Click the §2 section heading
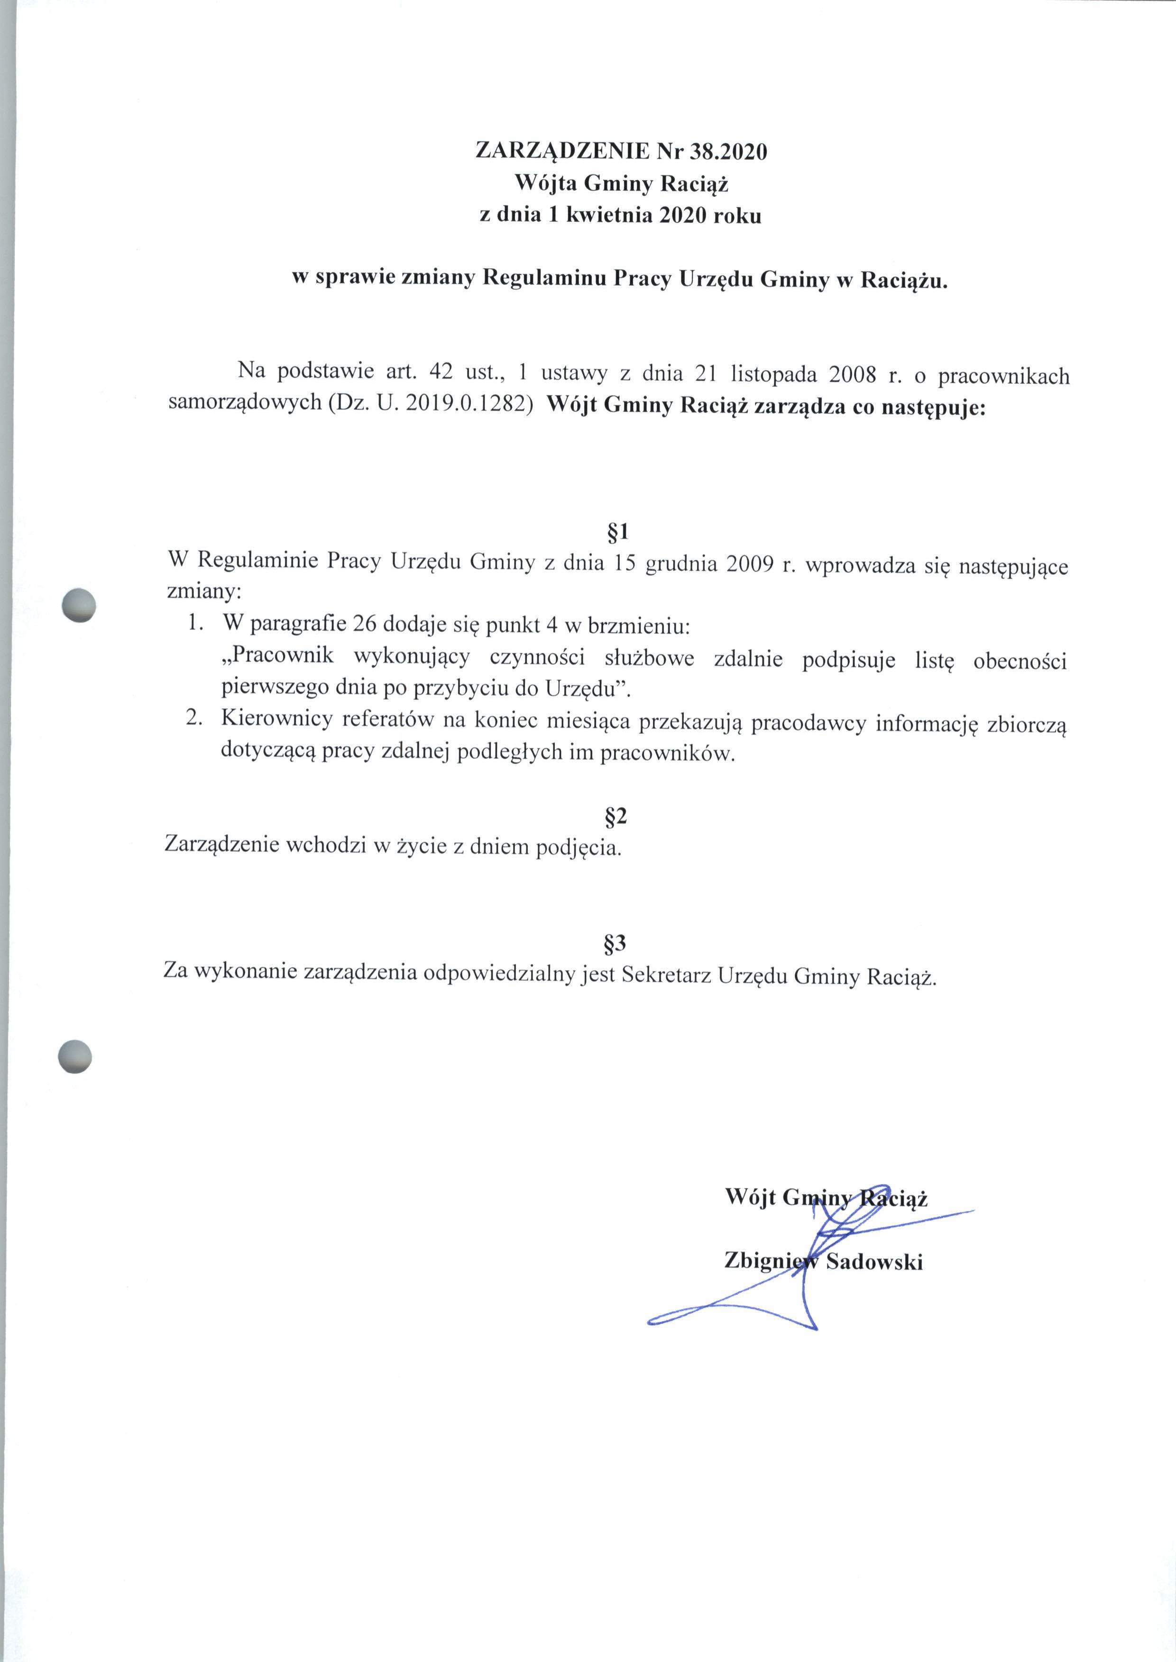tap(616, 816)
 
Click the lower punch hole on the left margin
tap(75, 1055)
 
